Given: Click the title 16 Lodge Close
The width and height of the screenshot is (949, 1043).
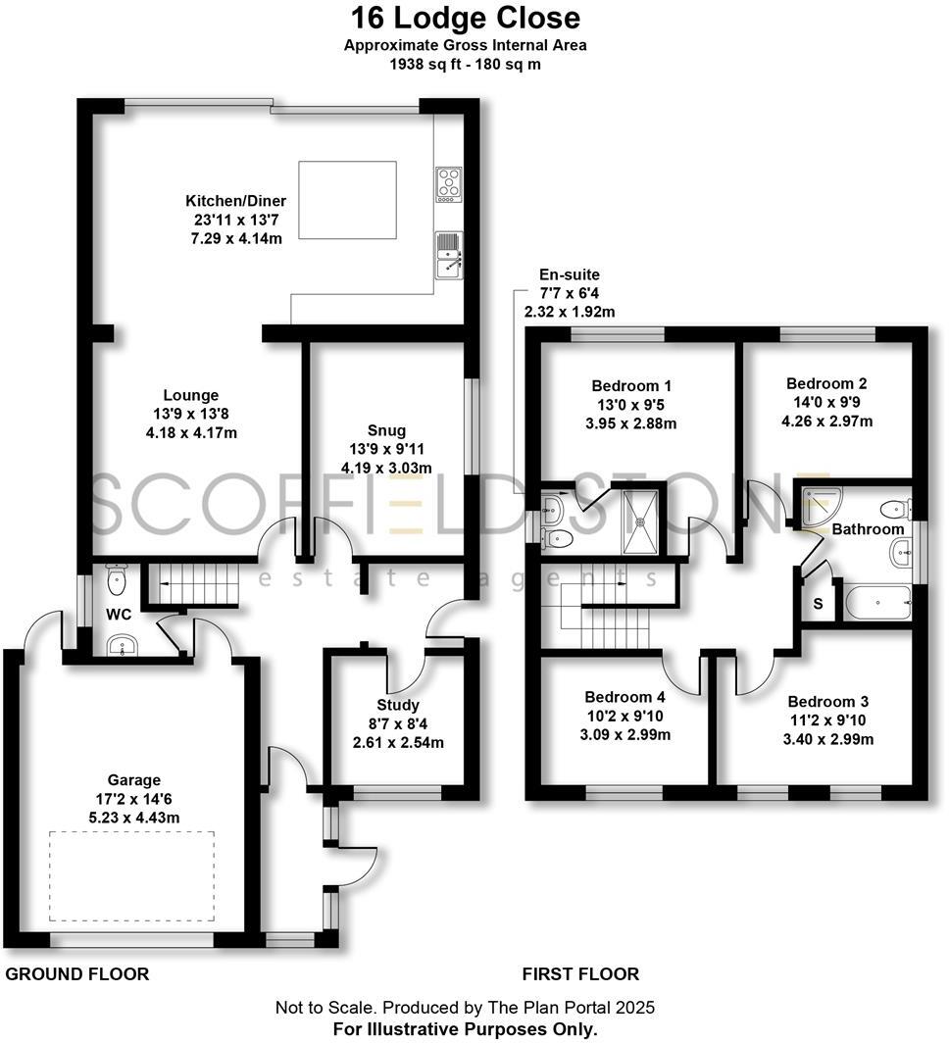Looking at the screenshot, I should click(466, 18).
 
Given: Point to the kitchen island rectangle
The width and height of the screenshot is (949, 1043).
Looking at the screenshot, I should click(347, 200).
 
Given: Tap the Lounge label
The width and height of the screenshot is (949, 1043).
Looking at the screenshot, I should click(191, 395).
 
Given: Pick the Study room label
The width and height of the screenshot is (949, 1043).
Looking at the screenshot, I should click(397, 705).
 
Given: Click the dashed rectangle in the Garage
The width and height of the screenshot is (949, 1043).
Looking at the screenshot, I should click(132, 875).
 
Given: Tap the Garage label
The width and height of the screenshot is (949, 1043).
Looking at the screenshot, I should click(135, 781).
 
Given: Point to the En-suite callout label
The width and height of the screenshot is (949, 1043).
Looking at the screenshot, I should click(569, 275).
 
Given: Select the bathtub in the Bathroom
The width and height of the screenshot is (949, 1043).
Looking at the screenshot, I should click(877, 602).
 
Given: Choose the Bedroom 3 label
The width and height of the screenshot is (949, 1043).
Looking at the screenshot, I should click(828, 702).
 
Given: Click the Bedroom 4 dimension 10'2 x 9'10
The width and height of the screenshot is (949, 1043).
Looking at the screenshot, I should click(624, 716).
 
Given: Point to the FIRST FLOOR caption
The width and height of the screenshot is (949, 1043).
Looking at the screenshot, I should click(580, 973).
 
